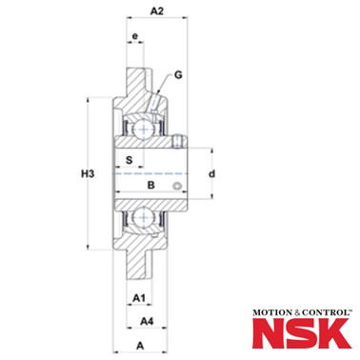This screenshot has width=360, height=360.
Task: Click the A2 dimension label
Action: [157, 11]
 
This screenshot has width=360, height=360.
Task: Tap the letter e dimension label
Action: [135, 36]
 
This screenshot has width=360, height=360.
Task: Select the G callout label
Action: [179, 75]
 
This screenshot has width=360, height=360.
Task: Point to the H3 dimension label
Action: [88, 173]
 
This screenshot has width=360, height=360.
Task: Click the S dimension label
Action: [129, 160]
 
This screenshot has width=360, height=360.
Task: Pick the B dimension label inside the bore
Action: [151, 185]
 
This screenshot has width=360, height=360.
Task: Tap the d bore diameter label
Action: [212, 173]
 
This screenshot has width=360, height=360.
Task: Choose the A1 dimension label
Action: [139, 298]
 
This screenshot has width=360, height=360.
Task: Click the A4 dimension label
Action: [147, 322]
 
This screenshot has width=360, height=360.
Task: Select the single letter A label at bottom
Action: [140, 346]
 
